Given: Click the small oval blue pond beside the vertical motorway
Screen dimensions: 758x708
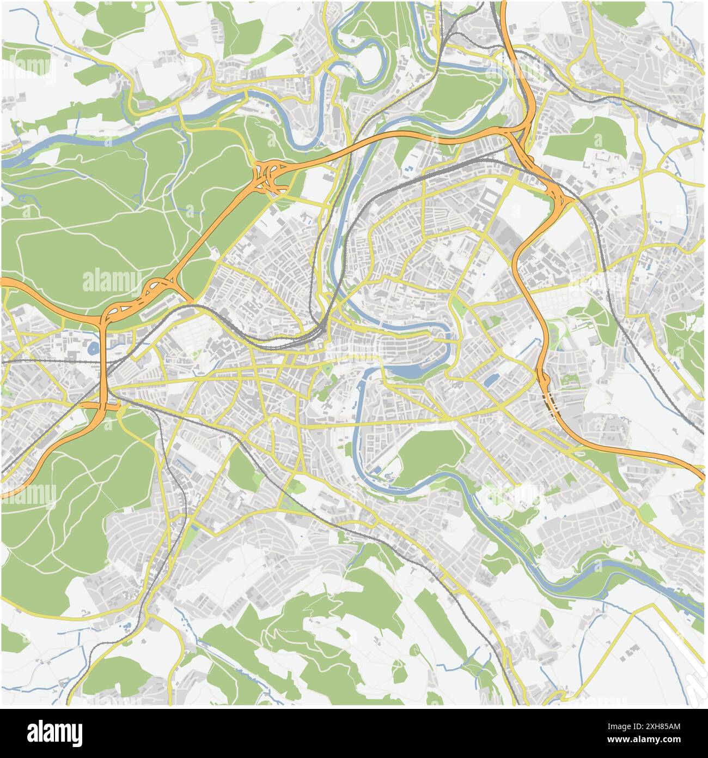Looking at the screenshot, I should (91, 348).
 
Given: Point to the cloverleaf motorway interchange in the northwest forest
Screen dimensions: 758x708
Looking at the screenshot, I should (270, 176).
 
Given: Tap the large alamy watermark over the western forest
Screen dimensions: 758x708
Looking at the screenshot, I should (112, 281).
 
